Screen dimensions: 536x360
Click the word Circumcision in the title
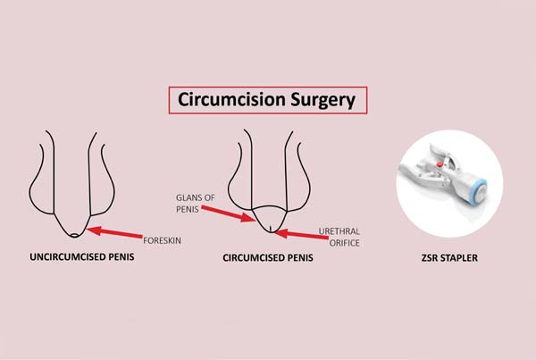point(231,100)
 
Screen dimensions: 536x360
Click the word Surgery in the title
point(323,101)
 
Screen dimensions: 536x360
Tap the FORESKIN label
point(162,240)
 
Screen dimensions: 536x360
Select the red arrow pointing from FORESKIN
point(114,232)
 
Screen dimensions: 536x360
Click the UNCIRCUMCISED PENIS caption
point(82,256)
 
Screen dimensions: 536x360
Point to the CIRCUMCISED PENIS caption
point(268,257)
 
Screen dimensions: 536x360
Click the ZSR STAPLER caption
point(449,258)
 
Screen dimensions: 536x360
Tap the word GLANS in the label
point(188,197)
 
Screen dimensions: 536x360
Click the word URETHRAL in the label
point(339,231)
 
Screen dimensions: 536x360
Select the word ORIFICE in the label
point(344,243)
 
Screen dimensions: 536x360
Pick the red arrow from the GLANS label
point(229,213)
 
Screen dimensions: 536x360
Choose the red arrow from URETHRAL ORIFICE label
point(301,235)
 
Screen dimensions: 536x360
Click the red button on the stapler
point(440,164)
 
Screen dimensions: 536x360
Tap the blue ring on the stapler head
point(480,192)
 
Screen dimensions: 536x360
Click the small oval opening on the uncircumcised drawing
point(75,235)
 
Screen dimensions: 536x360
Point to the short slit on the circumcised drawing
point(271,229)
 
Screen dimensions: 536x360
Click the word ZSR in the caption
point(431,258)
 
